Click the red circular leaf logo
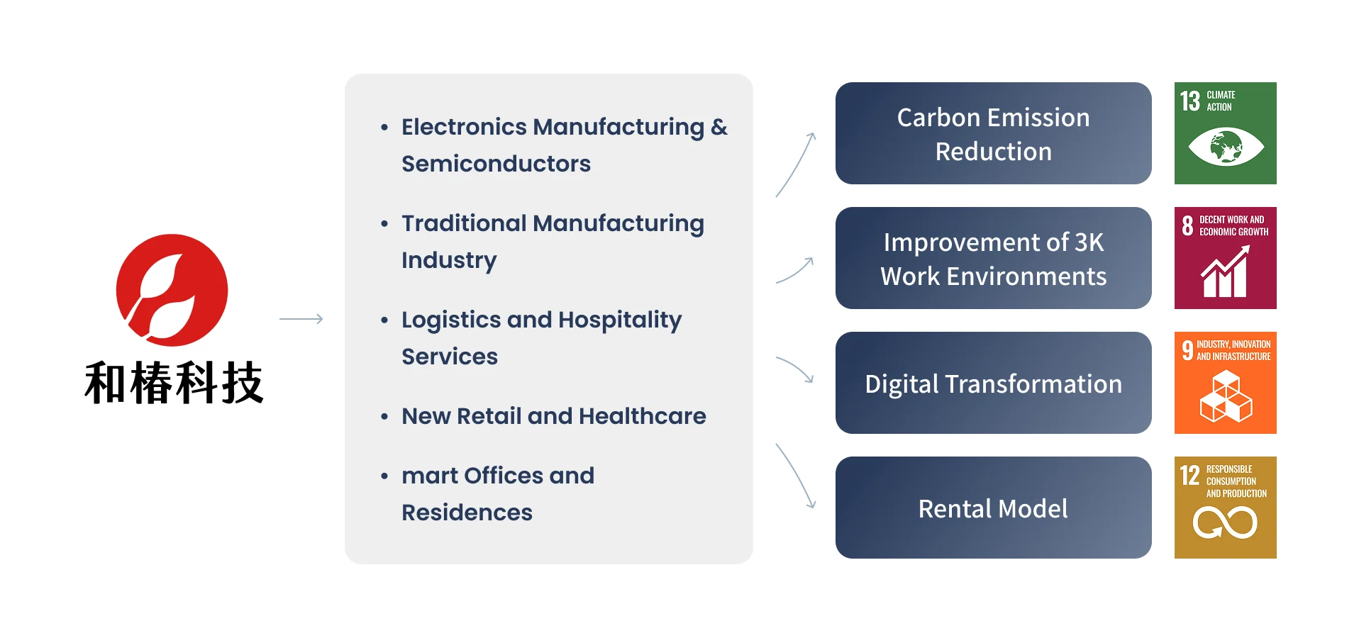pyautogui.click(x=172, y=290)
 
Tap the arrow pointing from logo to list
pyautogui.click(x=301, y=319)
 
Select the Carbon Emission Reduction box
pyautogui.click(x=993, y=133)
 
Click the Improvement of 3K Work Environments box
pyautogui.click(x=993, y=258)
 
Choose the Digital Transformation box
pyautogui.click(x=993, y=383)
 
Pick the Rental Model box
pyautogui.click(x=993, y=508)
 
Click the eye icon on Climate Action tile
pyautogui.click(x=1226, y=147)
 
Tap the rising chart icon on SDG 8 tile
pyautogui.click(x=1225, y=271)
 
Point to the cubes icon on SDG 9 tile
pyautogui.click(x=1226, y=396)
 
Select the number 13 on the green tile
pyautogui.click(x=1190, y=101)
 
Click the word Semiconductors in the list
pyautogui.click(x=496, y=164)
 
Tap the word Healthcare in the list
pyautogui.click(x=642, y=416)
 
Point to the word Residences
pyautogui.click(x=467, y=513)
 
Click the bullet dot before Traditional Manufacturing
pyautogui.click(x=384, y=224)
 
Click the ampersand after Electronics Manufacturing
pyautogui.click(x=719, y=127)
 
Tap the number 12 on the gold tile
pyautogui.click(x=1189, y=475)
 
